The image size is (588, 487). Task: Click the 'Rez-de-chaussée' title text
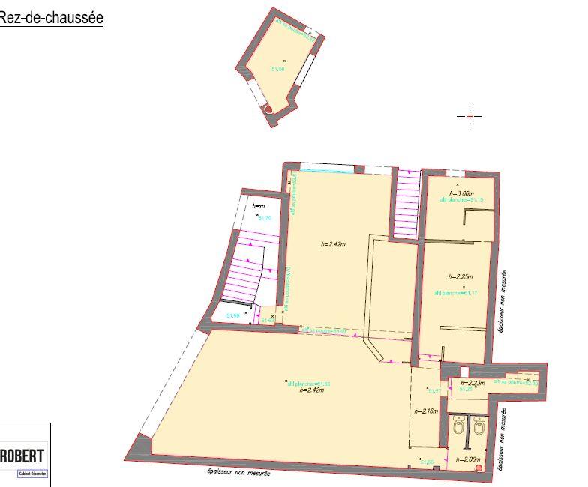tap(50, 18)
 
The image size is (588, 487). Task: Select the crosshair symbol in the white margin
tap(469, 116)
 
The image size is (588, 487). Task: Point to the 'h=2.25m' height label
tap(459, 276)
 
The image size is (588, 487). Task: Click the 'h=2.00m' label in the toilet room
tap(467, 459)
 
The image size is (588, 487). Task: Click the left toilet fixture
tap(458, 428)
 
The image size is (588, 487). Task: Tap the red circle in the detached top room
tap(268, 109)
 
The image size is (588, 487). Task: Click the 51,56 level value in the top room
tap(278, 67)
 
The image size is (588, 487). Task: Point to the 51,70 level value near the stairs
tap(264, 218)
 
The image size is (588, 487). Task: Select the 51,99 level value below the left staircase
tap(232, 316)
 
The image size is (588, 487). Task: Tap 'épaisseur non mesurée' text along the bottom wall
tap(239, 473)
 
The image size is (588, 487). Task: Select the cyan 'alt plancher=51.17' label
tap(456, 293)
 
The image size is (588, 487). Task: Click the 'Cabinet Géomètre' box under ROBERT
tap(32, 474)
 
